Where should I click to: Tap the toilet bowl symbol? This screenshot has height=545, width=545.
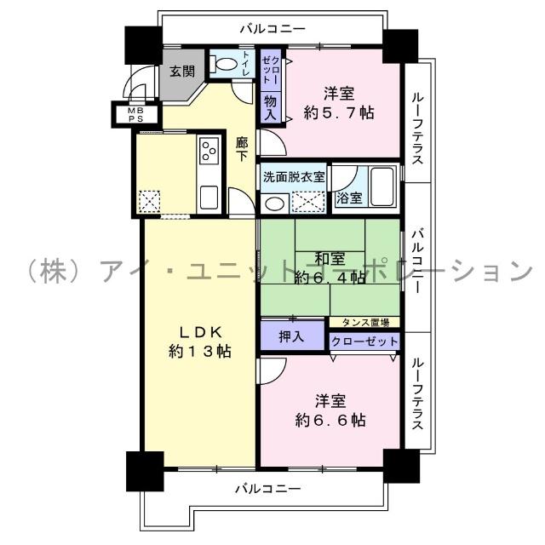(x=223, y=64)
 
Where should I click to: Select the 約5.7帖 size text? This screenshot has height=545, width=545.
(x=339, y=112)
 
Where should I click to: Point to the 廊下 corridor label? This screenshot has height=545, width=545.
(x=242, y=150)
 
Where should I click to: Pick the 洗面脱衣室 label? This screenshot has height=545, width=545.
(x=294, y=177)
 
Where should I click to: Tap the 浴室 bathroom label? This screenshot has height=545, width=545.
(x=347, y=198)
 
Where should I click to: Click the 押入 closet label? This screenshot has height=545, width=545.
(x=292, y=336)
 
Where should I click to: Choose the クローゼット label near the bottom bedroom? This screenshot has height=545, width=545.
(x=364, y=341)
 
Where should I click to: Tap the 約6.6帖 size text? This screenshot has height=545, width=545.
(x=330, y=420)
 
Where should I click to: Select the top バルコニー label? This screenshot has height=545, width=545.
(x=272, y=29)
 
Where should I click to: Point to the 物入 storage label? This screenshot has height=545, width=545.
(x=270, y=107)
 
